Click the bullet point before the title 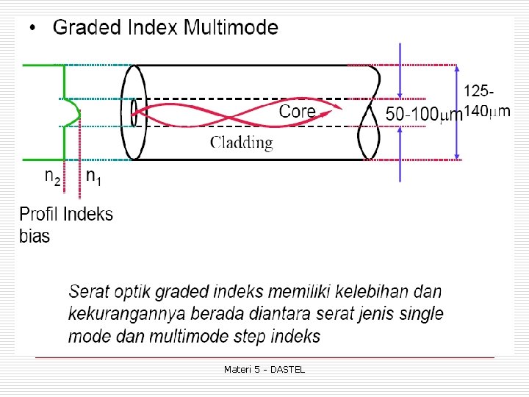coord(32,29)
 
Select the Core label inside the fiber coord(297,111)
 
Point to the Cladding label coord(242,143)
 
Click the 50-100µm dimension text coord(424,114)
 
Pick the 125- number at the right coord(478,91)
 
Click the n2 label coord(52,176)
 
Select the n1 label coord(93,176)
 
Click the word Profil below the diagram coord(39,215)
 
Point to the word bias coord(35,236)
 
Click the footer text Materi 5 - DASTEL coord(264,369)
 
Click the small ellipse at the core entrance coord(134,113)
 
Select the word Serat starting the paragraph coord(89,291)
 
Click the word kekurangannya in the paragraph coord(126,314)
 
